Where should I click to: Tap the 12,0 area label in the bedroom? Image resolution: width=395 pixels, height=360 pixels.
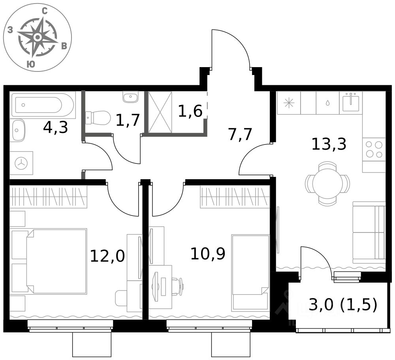[107, 256]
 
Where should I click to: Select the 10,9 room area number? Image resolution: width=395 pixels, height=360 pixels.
[208, 254]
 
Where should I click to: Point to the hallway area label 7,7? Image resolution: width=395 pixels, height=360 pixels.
[240, 134]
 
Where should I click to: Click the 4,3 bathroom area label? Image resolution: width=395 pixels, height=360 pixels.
[56, 127]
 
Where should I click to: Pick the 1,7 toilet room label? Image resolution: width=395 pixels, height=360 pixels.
[128, 120]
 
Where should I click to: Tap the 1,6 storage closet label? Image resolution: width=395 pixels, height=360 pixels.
[190, 111]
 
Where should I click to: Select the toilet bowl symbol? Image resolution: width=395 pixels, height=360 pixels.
[98, 117]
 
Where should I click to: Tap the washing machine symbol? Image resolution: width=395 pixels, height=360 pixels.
[21, 163]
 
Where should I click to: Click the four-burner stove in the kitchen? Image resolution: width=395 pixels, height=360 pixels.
[374, 149]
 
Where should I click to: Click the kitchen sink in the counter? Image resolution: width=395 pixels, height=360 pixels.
[351, 102]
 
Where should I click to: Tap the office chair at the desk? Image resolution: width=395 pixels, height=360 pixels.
[178, 286]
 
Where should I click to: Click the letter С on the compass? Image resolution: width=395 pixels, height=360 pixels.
[45, 11]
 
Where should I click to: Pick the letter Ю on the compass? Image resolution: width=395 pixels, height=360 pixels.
[31, 64]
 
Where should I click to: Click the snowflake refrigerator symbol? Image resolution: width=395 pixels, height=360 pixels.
[289, 103]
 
